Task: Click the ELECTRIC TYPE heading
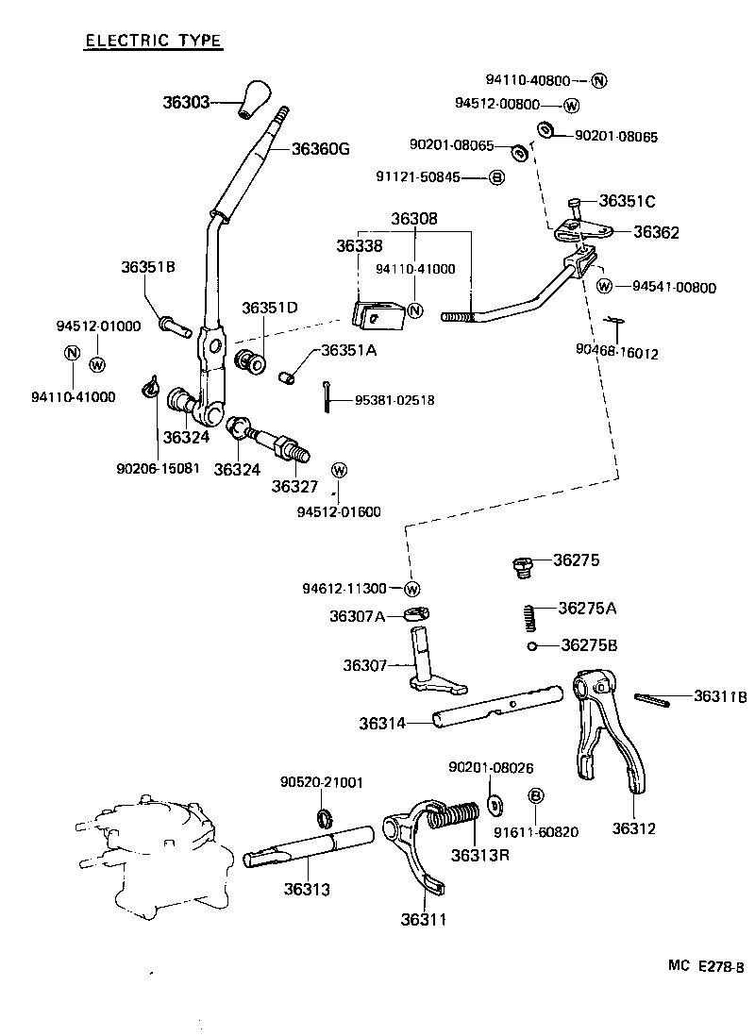(x=153, y=41)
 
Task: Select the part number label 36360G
(x=320, y=148)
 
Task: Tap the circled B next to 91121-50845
(x=496, y=177)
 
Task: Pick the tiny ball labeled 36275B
(x=533, y=646)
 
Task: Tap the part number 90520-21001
(x=321, y=782)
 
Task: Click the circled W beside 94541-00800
(x=605, y=286)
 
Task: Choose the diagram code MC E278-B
(x=706, y=965)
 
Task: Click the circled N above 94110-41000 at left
(x=71, y=353)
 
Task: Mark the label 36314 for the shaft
(x=381, y=724)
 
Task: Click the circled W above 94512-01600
(x=340, y=470)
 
